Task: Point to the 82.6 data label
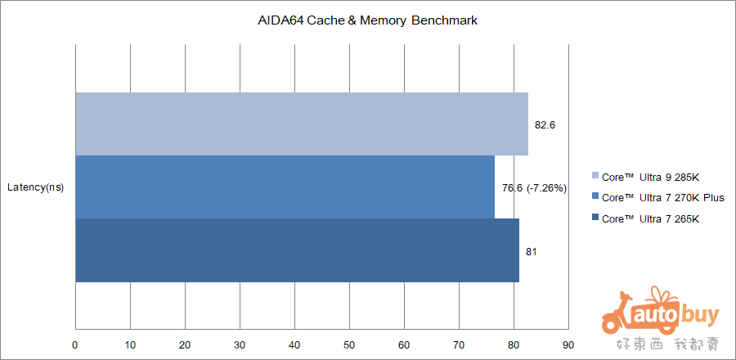click(x=545, y=125)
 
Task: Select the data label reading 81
click(x=531, y=251)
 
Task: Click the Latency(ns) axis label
click(x=35, y=187)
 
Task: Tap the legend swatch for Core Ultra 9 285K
click(x=595, y=175)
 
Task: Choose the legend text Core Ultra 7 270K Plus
click(x=662, y=197)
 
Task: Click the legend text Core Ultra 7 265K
click(x=650, y=218)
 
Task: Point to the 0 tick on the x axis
click(x=75, y=344)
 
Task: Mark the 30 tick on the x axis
click(x=240, y=344)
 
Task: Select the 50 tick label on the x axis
click(x=349, y=344)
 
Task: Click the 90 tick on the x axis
click(x=568, y=344)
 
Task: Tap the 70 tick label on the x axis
click(x=459, y=344)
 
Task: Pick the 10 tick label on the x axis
click(x=130, y=344)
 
